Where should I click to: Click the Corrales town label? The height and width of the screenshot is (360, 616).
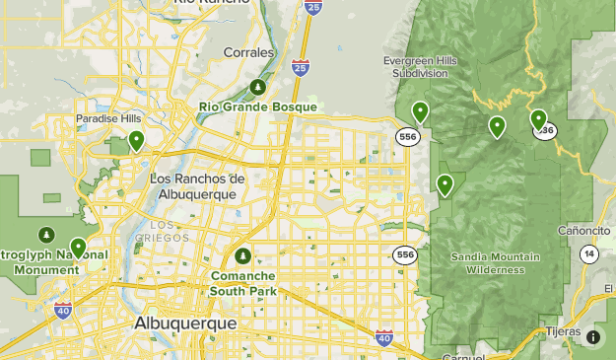pos(248,52)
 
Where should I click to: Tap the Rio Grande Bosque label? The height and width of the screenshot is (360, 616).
pos(258,107)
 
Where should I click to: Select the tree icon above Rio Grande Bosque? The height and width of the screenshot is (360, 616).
pos(258,87)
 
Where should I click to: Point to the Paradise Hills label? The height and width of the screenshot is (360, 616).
pos(102,119)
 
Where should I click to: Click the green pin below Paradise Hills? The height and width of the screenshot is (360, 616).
pos(136,141)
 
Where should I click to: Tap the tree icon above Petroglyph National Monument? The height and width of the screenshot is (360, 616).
pos(45,235)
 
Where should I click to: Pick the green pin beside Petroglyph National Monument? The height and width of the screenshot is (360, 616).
pos(78,248)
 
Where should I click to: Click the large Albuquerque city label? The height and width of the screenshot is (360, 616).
pos(186,324)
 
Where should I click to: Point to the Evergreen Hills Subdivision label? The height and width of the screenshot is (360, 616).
pos(422,67)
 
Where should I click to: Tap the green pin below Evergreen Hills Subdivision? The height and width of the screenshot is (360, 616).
pos(421,111)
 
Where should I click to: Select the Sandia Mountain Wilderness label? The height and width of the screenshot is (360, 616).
pos(496,262)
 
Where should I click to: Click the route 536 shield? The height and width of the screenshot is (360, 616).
pos(546,131)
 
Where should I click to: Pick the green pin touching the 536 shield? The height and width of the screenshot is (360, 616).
pos(538,120)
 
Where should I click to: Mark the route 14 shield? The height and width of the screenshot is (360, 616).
pos(588,254)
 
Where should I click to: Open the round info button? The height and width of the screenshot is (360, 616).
pos(593,337)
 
